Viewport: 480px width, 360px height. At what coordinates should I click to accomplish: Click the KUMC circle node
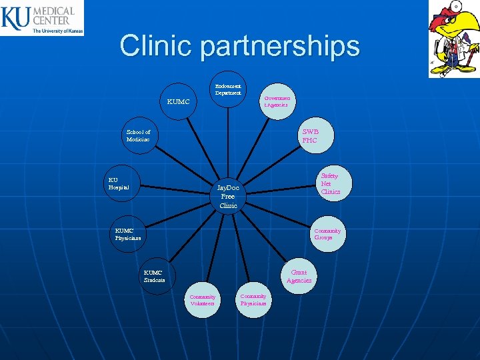(x=179, y=102)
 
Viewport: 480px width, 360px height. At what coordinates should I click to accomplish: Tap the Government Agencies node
(x=275, y=101)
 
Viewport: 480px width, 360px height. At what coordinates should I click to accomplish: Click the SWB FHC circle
(x=310, y=136)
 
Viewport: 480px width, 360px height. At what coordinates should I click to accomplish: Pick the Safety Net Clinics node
(x=330, y=183)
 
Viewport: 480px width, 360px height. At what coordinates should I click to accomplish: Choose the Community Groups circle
(x=327, y=234)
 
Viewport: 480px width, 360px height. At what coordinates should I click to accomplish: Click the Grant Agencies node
(x=299, y=276)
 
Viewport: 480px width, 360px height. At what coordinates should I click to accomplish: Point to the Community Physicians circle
(x=253, y=299)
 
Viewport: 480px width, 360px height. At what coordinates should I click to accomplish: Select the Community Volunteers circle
(x=203, y=300)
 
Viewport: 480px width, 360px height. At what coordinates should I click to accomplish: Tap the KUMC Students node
(x=155, y=276)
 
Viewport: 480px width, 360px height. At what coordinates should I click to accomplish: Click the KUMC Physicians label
(x=128, y=234)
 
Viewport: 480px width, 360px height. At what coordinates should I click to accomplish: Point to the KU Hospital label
(x=119, y=183)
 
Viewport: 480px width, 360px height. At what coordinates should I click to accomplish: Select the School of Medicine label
(x=138, y=136)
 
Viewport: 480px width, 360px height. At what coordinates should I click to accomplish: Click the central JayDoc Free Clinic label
(x=228, y=197)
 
